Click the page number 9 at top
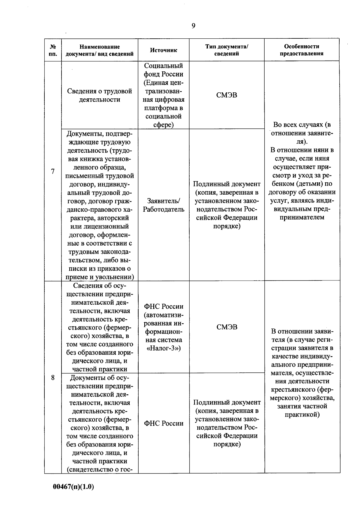[x=193, y=26]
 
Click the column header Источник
[x=163, y=50]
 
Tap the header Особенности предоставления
[x=301, y=50]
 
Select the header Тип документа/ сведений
[x=227, y=50]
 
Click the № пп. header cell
[x=53, y=50]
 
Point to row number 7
[x=53, y=172]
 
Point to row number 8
[x=53, y=378]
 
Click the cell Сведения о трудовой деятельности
[x=100, y=95]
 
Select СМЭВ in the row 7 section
[x=227, y=95]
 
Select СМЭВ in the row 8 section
[x=227, y=327]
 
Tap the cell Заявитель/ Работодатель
[x=163, y=205]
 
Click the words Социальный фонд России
[x=163, y=70]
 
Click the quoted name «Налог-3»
[x=163, y=348]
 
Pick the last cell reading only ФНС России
[x=163, y=423]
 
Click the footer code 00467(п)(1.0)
[x=73, y=487]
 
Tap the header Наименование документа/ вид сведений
[x=100, y=50]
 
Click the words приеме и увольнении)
[x=100, y=277]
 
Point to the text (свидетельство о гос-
[x=100, y=470]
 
